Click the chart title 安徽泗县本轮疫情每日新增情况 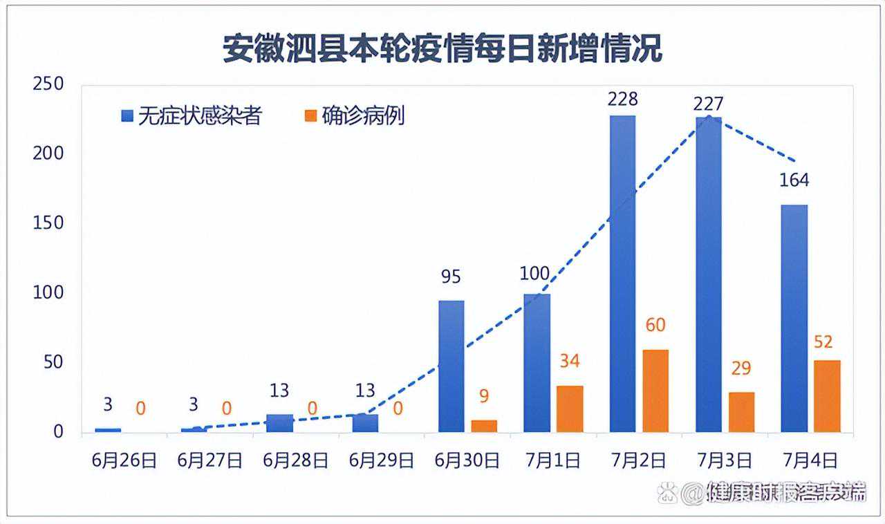click(x=442, y=49)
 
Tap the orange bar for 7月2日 click(x=655, y=391)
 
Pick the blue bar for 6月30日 click(x=451, y=366)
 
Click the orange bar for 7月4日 click(x=827, y=396)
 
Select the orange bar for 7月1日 click(x=570, y=409)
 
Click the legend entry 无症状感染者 click(x=192, y=116)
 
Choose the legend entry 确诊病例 click(x=354, y=116)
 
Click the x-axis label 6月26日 click(x=124, y=461)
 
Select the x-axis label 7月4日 click(x=810, y=461)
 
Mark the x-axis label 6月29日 click(x=382, y=461)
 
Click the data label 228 click(x=622, y=99)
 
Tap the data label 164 click(x=794, y=180)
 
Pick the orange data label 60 click(x=655, y=325)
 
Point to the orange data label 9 click(x=484, y=397)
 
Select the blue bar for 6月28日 click(x=279, y=423)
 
